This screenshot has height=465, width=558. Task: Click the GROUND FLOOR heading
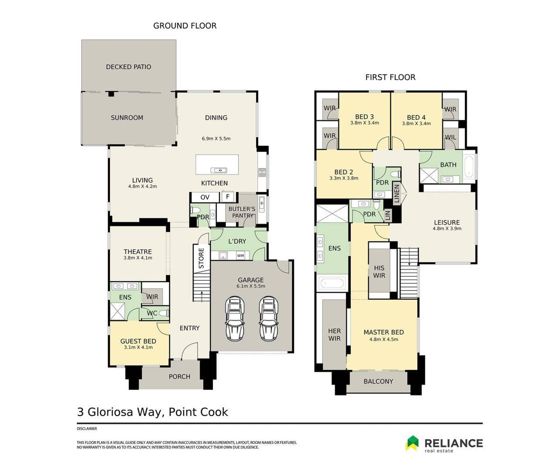tap(185, 26)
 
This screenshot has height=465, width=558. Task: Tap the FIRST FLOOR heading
tap(390, 77)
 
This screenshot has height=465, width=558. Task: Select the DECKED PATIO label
tap(129, 67)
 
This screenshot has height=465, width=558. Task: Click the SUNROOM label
tap(127, 118)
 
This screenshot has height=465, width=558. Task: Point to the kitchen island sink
tap(219, 170)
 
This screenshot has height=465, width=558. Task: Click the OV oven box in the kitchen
tap(205, 197)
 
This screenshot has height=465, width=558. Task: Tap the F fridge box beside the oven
tap(228, 197)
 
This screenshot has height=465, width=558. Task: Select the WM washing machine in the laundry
tap(240, 256)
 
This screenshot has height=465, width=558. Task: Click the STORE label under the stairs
tap(201, 258)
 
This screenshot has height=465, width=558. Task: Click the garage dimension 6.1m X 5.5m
tap(251, 286)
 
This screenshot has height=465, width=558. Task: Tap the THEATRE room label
tap(138, 252)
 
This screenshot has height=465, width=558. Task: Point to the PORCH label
tap(179, 377)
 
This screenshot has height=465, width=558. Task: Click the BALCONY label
tap(378, 381)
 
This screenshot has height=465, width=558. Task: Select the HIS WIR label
tap(379, 271)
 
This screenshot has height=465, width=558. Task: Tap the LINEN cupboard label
tap(397, 193)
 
